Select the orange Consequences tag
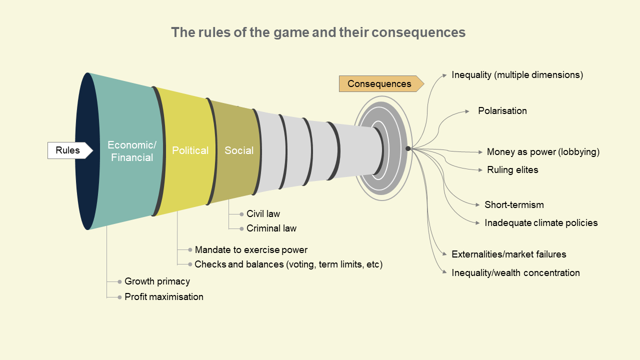tap(379, 84)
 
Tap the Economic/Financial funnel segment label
tap(132, 151)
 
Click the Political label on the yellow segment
tap(190, 150)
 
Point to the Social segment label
tap(239, 150)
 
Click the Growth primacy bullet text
tap(157, 281)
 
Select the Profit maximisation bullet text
tap(164, 297)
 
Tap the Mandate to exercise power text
tap(251, 249)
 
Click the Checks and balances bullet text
tap(288, 264)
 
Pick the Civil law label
tap(263, 214)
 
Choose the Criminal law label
tap(271, 228)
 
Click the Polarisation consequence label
tap(502, 111)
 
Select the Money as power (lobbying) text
tap(543, 152)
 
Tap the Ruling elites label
tap(512, 170)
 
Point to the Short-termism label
tap(514, 205)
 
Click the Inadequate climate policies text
tap(541, 223)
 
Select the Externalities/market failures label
tap(508, 254)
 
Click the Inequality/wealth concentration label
tap(515, 273)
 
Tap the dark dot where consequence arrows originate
tap(408, 148)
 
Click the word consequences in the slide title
tap(419, 32)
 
